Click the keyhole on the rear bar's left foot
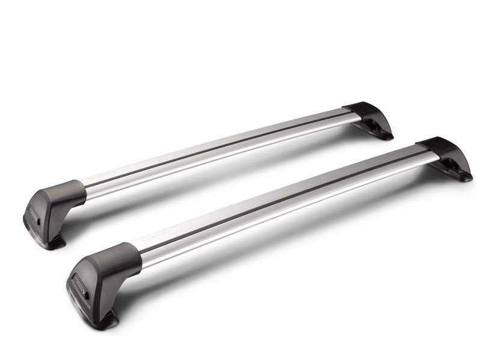pyautogui.click(x=40, y=222)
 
